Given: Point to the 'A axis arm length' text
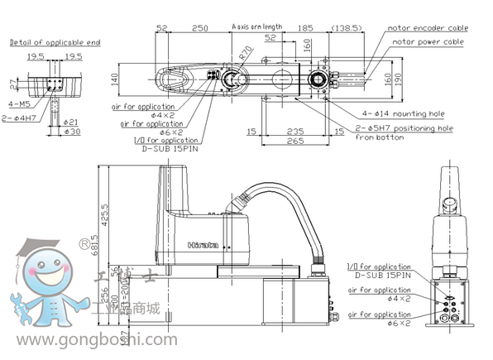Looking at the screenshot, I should tap(260, 26).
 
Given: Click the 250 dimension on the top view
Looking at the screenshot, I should tap(199, 28).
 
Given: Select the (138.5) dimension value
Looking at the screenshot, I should tap(346, 28).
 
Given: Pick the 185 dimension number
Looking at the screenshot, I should tap(305, 28).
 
